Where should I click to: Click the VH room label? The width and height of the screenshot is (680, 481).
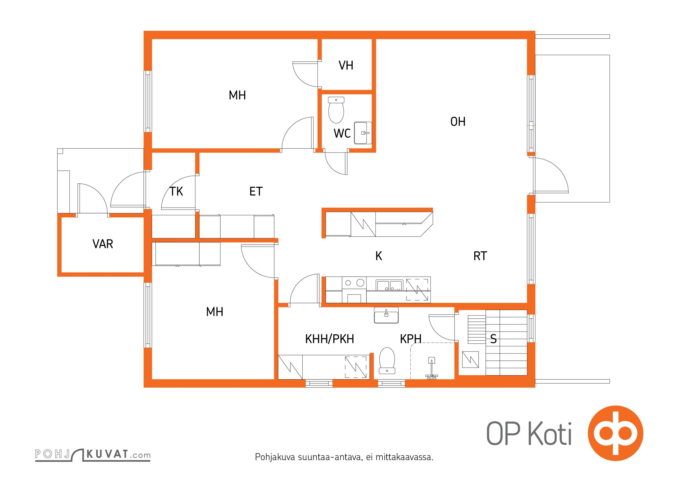[346, 65]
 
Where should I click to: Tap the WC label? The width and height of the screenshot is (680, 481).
[342, 133]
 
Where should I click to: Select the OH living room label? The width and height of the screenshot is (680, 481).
[458, 122]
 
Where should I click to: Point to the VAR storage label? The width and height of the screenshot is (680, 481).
[103, 244]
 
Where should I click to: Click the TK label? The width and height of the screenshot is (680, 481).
[176, 191]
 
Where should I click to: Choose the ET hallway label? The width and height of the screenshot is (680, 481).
[256, 191]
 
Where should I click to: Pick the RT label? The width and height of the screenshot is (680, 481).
[480, 256]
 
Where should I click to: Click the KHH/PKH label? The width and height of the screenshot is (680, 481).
[329, 339]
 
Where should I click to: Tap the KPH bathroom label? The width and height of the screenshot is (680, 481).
[411, 339]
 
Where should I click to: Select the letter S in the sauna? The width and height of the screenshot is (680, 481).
[493, 339]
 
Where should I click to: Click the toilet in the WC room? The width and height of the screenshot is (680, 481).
[336, 110]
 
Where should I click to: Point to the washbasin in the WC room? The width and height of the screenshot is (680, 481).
[363, 133]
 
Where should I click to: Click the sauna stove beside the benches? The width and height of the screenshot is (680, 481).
[470, 360]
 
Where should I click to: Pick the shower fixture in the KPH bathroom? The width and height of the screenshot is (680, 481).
[431, 368]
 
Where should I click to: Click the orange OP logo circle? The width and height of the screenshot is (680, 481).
[615, 433]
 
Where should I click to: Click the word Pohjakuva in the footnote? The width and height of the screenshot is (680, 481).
[275, 457]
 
